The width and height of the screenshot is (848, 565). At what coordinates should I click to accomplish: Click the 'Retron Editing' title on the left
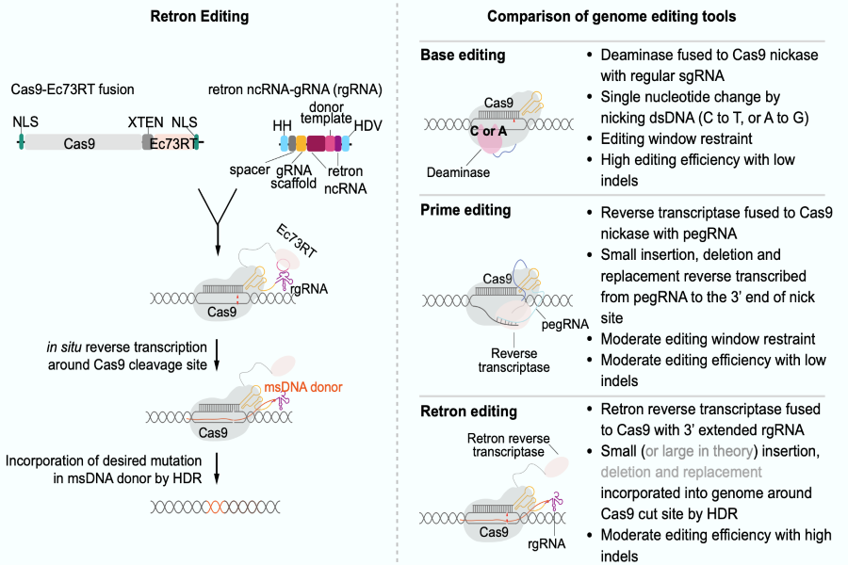[197, 18]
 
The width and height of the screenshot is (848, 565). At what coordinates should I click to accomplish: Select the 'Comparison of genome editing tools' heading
[612, 18]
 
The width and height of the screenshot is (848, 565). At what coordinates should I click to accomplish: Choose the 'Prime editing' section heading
[465, 210]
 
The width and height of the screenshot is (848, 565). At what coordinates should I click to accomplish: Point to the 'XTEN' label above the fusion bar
[145, 122]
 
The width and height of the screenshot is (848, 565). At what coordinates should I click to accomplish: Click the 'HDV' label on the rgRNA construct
[367, 125]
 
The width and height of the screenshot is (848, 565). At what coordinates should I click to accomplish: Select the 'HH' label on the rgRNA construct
[281, 124]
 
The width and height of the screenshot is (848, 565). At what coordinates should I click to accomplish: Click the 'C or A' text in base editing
[489, 131]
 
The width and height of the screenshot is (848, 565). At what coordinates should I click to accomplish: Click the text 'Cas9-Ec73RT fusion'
[74, 89]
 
